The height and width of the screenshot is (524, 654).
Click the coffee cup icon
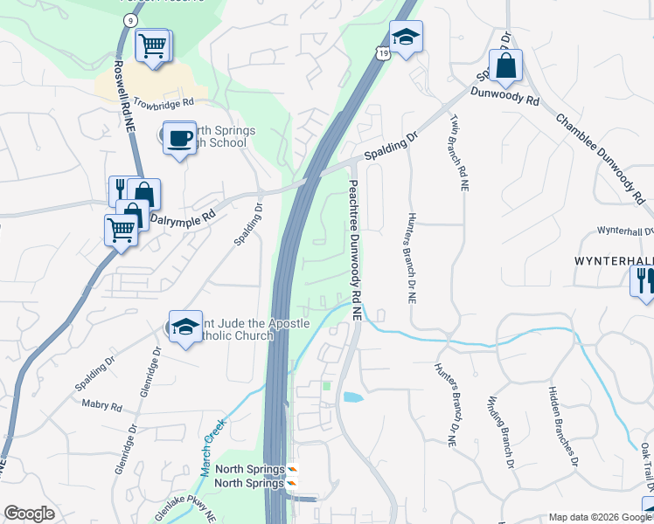pos(179,138)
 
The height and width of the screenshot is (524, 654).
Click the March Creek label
pos(212,446)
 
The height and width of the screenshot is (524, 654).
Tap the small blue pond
pos(353,397)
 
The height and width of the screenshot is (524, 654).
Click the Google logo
pos(30,514)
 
